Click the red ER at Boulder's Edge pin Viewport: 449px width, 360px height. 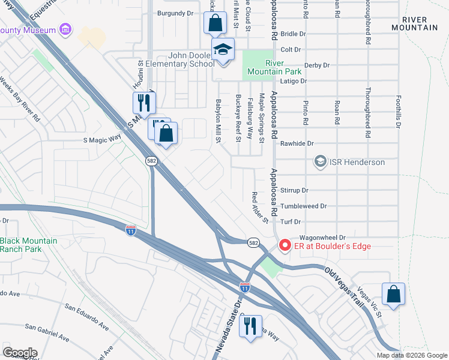(285, 246)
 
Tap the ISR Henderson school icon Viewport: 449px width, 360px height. (321, 162)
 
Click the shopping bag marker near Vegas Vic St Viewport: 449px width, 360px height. (393, 295)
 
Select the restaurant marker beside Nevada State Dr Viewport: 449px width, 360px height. (250, 326)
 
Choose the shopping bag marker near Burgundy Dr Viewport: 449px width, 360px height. (215, 24)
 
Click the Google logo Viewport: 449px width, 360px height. (20, 353)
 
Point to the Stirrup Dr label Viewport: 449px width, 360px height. (294, 190)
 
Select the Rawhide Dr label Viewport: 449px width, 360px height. (297, 143)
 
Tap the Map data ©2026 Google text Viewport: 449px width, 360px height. (411, 355)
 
